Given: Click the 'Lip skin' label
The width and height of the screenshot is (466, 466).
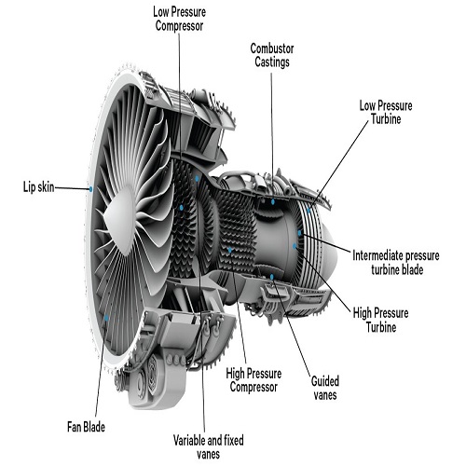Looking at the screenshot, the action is click(x=39, y=187).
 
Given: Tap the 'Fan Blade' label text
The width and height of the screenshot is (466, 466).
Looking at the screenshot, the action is click(x=86, y=427).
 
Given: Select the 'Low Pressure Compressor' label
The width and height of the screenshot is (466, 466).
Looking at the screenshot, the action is click(x=179, y=19).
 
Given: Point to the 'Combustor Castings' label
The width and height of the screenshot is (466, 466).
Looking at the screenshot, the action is click(x=272, y=55).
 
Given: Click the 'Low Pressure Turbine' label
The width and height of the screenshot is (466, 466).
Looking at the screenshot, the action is click(x=386, y=112).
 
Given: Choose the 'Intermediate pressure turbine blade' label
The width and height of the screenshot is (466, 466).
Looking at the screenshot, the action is click(x=396, y=263).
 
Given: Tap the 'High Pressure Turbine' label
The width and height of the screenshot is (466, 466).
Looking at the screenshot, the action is click(x=380, y=320).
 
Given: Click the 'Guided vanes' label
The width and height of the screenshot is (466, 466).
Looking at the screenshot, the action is click(x=325, y=388).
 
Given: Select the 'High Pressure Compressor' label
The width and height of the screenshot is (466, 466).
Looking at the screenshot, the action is click(x=254, y=380).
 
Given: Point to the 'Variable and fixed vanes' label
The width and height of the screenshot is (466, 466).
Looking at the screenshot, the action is click(x=209, y=447).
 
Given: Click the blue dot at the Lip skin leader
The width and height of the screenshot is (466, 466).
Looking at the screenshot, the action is click(x=90, y=188).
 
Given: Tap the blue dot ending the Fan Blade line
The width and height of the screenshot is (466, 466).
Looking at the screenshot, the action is click(x=106, y=318).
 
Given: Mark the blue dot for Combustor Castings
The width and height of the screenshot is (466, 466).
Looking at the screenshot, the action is click(x=273, y=201).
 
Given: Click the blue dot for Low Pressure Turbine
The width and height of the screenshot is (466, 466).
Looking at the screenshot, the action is click(x=308, y=210).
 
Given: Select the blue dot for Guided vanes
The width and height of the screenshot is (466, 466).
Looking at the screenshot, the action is click(x=272, y=277).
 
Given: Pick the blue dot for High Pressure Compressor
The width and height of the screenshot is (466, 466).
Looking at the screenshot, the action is click(x=230, y=250).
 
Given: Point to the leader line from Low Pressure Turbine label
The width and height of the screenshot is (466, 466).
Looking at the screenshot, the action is click(x=339, y=165).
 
